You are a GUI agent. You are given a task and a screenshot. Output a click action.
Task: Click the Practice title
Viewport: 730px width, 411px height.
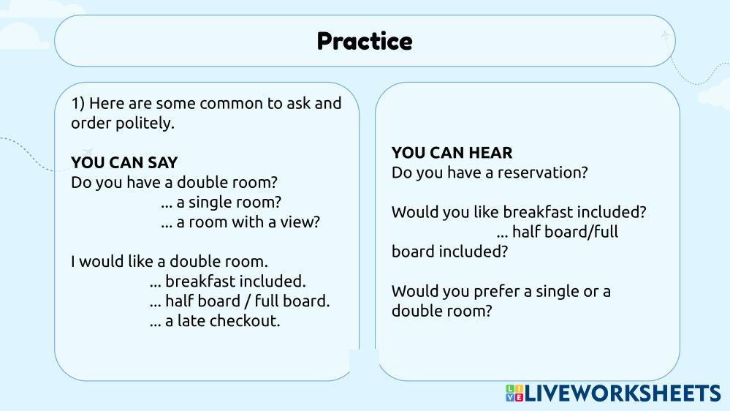click(365, 41)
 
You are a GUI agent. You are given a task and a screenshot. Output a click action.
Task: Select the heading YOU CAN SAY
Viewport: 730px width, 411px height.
click(124, 162)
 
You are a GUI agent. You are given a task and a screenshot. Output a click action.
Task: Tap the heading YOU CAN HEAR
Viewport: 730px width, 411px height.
click(452, 153)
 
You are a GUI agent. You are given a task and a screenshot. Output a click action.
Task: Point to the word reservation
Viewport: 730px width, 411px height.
click(542, 173)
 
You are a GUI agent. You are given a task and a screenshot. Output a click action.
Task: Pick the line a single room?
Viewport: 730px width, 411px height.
click(221, 203)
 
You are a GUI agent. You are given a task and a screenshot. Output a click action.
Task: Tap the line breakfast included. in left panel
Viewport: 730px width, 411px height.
click(228, 282)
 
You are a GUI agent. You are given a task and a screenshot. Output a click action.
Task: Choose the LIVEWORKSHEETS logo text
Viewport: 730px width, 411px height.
click(623, 393)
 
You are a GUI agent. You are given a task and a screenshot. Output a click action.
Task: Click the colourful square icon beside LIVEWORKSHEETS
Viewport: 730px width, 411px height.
click(514, 393)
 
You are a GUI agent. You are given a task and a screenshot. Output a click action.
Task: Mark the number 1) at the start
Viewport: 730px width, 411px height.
click(77, 103)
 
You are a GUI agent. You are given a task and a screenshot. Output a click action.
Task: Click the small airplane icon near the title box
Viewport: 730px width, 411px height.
click(665, 34)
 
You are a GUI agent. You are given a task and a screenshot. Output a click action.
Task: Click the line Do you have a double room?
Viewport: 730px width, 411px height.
click(174, 182)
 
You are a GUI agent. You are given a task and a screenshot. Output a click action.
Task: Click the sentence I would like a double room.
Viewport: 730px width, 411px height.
click(170, 261)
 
